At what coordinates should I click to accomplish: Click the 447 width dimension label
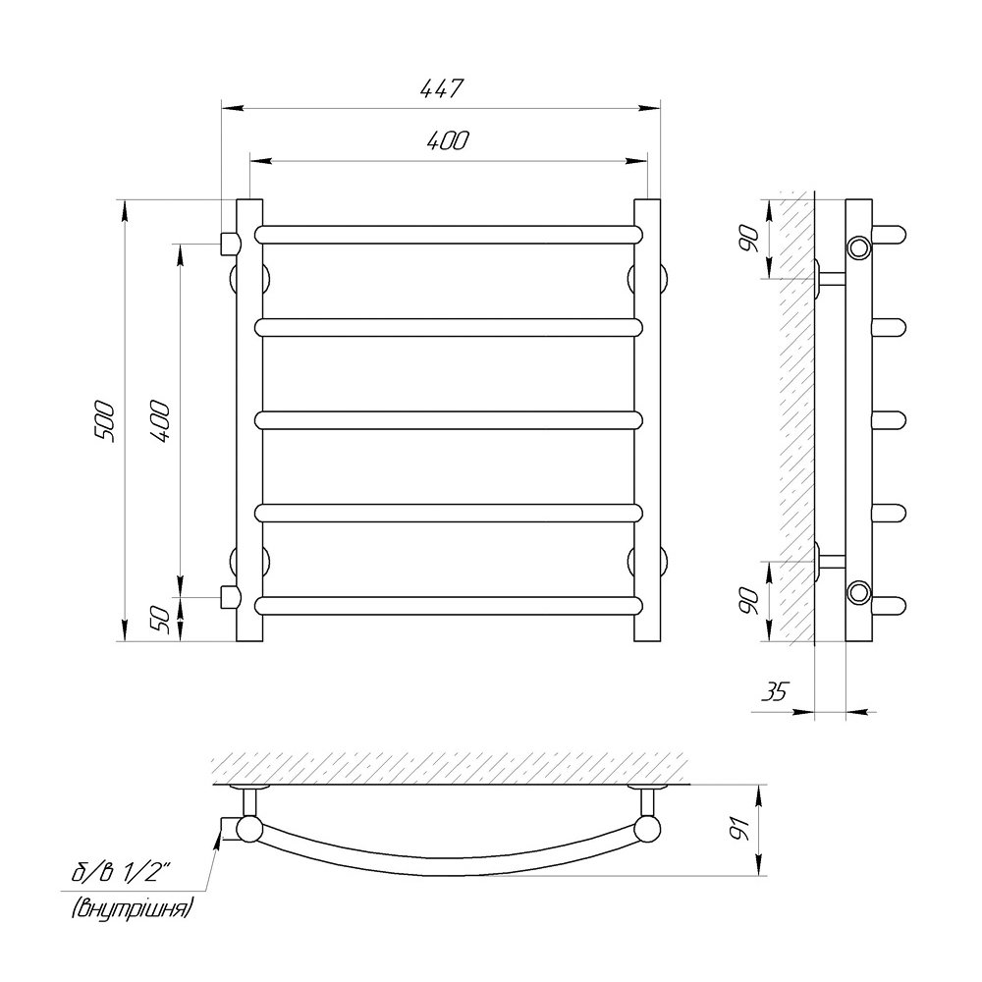(441, 89)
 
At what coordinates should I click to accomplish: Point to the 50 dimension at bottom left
(161, 620)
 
